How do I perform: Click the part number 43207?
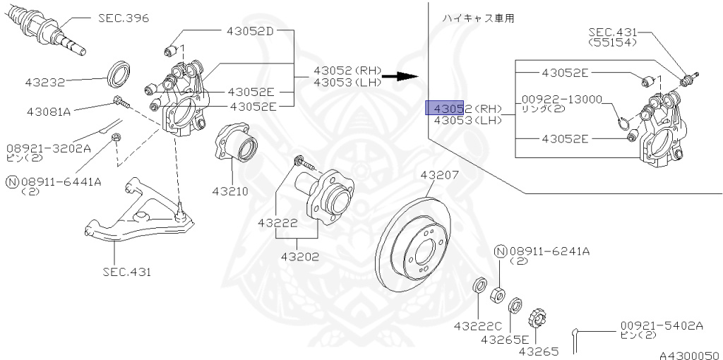pyautogui.click(x=440, y=174)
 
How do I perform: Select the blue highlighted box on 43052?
pyautogui.click(x=444, y=108)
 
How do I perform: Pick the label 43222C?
pyautogui.click(x=477, y=326)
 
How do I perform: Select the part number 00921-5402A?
pyautogui.click(x=662, y=325)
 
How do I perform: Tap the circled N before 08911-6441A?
pyautogui.click(x=11, y=181)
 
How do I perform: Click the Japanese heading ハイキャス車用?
pyautogui.click(x=477, y=18)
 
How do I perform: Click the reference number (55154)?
pyautogui.click(x=612, y=42)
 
